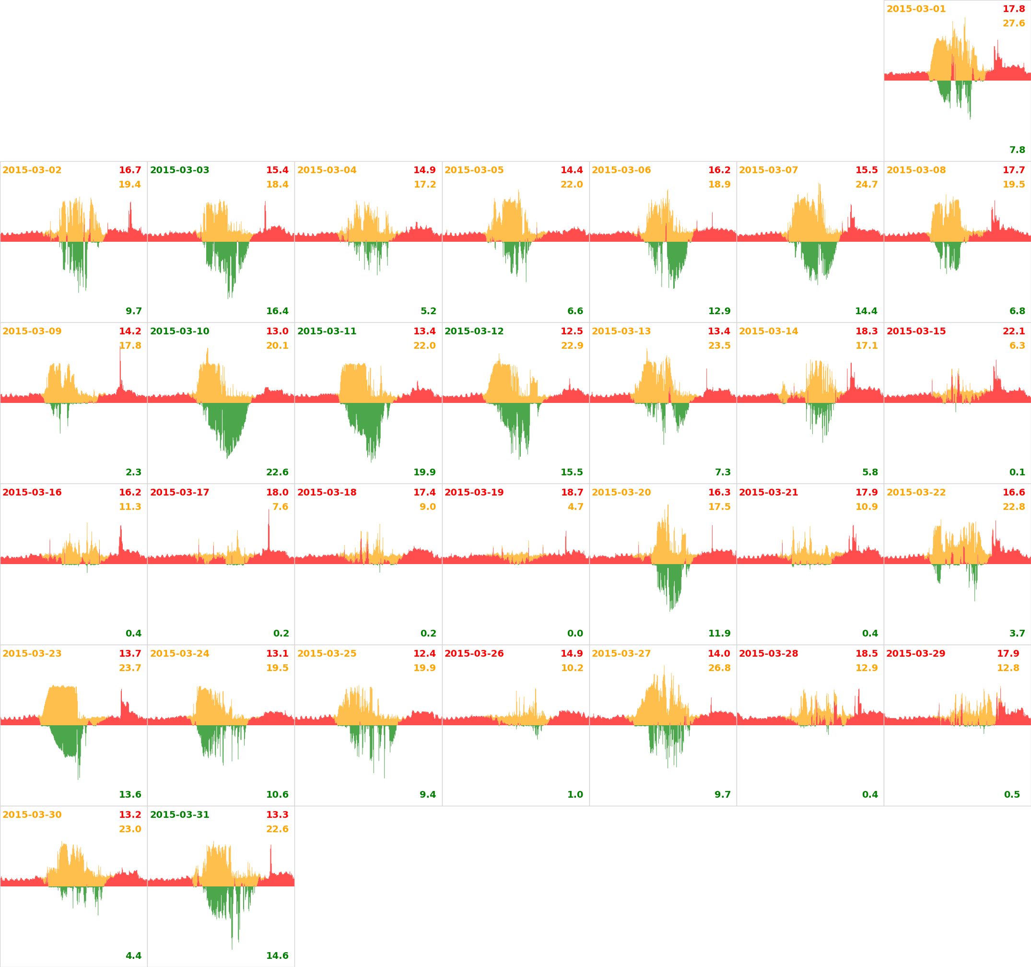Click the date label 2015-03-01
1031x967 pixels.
916,9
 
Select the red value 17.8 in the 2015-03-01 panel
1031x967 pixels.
1013,9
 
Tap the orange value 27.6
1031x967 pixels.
1013,24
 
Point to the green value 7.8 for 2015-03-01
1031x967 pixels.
1017,150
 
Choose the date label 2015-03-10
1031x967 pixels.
179,331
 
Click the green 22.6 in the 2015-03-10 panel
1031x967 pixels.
277,472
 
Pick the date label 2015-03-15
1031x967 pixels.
916,331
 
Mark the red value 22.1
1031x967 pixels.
1013,331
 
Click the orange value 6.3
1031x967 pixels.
1017,345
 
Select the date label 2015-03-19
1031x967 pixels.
474,492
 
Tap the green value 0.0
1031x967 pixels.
575,634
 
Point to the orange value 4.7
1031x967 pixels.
575,507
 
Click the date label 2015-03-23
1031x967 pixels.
32,654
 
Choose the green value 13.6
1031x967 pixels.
129,795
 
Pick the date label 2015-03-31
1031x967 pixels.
179,815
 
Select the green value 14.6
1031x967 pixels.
277,955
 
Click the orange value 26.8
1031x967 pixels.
719,668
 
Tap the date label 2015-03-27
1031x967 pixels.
621,654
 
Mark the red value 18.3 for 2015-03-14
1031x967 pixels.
866,331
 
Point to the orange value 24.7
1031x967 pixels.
866,185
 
